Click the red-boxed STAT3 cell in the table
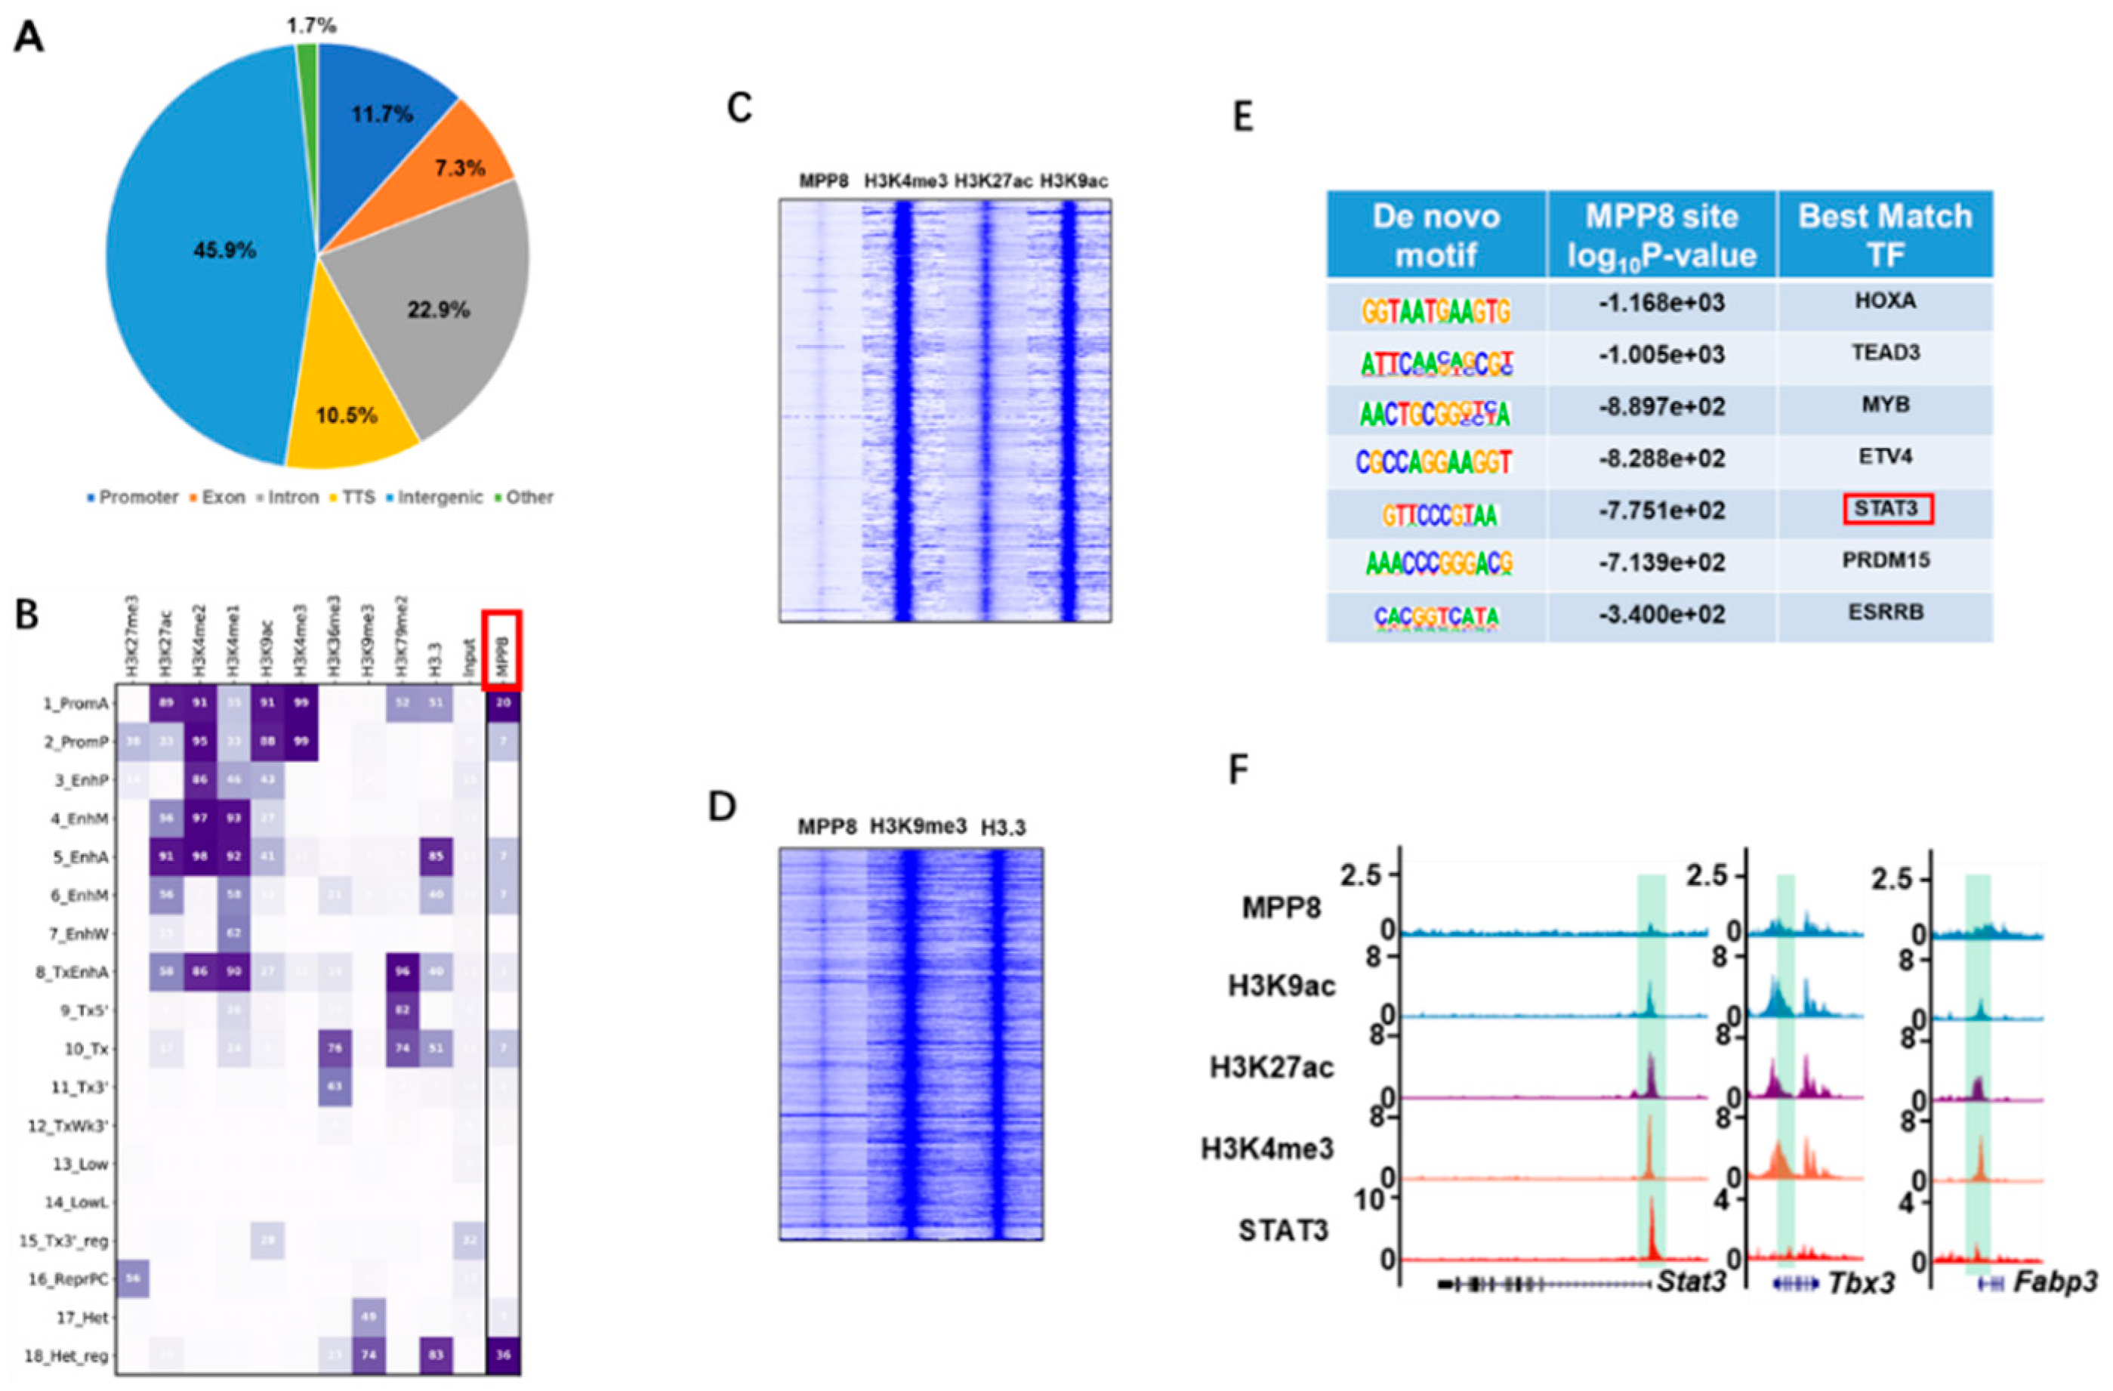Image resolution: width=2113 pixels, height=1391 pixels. (x=1886, y=510)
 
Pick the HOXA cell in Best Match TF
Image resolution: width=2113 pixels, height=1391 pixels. (x=1885, y=302)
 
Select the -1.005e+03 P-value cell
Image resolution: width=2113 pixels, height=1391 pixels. (x=1661, y=355)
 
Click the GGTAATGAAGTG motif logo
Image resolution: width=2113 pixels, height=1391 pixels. (x=1436, y=310)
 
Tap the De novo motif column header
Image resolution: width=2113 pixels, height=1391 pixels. (x=1436, y=236)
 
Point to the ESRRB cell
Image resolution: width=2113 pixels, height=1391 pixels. (x=1885, y=613)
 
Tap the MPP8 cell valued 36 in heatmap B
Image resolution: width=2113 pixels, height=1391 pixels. (x=504, y=1356)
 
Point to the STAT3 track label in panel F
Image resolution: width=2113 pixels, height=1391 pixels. (x=1283, y=1230)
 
